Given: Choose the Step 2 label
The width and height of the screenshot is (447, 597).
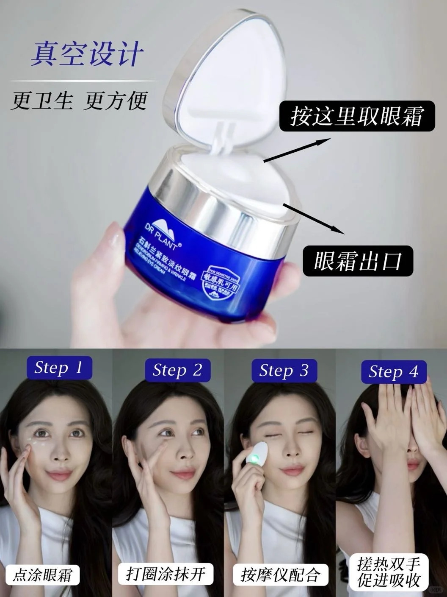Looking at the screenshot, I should click(177, 370).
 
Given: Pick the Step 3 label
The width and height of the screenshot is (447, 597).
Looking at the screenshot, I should click(284, 371).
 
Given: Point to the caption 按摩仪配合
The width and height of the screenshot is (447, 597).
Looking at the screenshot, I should click(279, 575).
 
